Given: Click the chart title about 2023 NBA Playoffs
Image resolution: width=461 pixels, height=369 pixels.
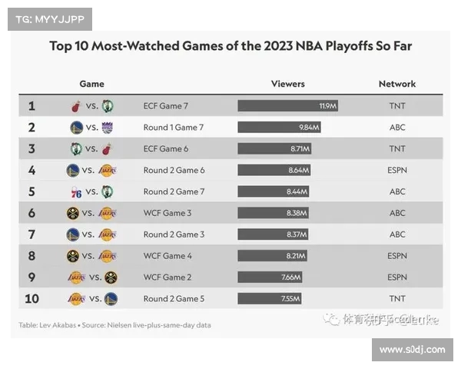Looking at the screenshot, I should [x=230, y=46].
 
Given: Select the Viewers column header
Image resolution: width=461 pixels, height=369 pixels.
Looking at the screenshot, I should [x=287, y=84].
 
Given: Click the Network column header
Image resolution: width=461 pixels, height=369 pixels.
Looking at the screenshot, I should [x=396, y=84].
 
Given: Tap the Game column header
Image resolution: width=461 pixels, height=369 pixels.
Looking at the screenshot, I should [x=91, y=84].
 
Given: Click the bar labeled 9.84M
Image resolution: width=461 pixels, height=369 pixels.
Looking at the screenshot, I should [x=278, y=127].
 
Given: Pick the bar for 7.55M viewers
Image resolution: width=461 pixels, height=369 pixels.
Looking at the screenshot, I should [x=269, y=299].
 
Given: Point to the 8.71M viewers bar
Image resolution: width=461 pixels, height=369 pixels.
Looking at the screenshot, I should [x=274, y=148].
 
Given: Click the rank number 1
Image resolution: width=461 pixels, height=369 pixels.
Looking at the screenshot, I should [x=32, y=106].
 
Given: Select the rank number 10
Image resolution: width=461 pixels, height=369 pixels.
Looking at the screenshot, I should [x=32, y=299].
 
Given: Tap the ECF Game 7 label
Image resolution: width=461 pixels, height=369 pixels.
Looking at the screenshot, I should [x=166, y=105].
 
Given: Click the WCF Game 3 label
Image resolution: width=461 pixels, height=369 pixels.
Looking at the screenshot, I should [x=167, y=213].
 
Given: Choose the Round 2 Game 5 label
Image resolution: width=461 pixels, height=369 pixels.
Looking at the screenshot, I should [x=173, y=299].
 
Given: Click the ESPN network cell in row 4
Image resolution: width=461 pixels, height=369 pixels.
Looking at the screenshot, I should [x=397, y=170].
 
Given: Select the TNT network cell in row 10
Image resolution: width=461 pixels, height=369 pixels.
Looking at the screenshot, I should [x=397, y=299].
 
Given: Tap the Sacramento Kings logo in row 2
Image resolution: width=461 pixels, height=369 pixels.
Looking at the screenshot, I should [x=107, y=128].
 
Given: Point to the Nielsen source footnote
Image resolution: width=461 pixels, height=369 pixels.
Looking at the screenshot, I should [x=115, y=325].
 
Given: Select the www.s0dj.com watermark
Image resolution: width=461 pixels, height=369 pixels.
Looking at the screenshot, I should [x=412, y=350].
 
